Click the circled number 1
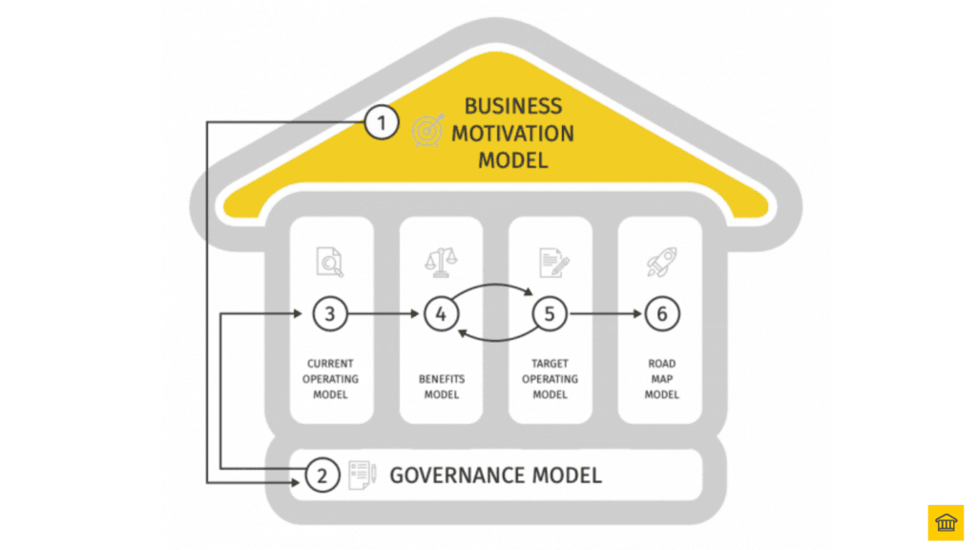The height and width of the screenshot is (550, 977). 381,122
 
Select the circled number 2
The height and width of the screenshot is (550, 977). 322,475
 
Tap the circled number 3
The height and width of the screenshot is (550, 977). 329,313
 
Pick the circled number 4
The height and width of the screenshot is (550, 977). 441,313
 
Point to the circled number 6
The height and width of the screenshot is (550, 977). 661,313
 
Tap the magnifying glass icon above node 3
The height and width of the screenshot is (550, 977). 330,261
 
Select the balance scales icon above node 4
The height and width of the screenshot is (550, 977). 441,261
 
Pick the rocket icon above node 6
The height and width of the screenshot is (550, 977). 661,261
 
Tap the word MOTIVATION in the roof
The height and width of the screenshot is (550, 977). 512,133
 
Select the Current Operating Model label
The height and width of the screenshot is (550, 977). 330,378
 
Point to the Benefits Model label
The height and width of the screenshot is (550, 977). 441,386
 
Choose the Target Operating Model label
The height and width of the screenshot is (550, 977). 551,378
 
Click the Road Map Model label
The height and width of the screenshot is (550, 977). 661,378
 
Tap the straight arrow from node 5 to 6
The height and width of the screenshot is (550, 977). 606,313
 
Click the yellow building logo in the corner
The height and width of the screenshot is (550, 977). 946,522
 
